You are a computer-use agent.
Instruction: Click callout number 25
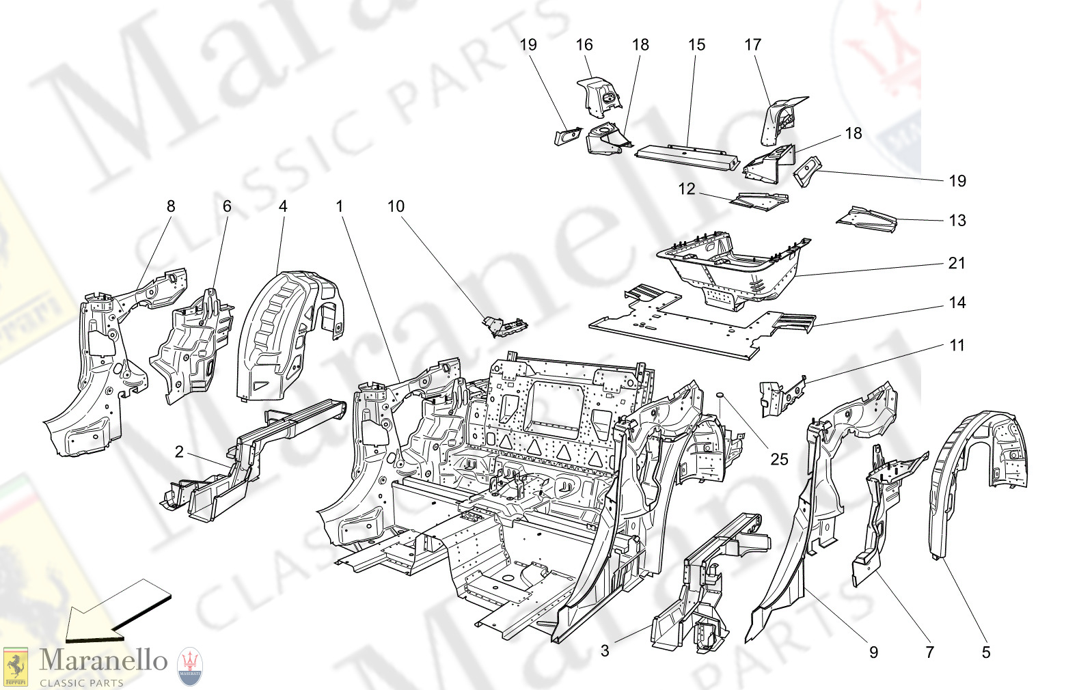[x=779, y=459]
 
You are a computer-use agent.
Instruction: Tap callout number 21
[x=957, y=263]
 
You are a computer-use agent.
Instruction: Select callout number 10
[x=396, y=206]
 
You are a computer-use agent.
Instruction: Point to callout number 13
[x=957, y=220]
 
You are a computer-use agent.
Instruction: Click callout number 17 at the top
[x=752, y=44]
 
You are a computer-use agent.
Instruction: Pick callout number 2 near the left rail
[x=179, y=452]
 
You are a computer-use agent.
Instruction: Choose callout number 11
[x=957, y=345]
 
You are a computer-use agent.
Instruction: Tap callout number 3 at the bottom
[x=605, y=650]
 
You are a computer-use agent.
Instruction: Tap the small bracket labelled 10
[x=504, y=327]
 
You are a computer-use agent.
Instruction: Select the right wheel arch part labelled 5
[x=974, y=465]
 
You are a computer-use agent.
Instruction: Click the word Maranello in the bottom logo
[x=103, y=660]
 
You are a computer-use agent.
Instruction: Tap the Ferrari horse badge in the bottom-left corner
[x=16, y=667]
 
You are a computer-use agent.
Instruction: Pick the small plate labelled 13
[x=866, y=219]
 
